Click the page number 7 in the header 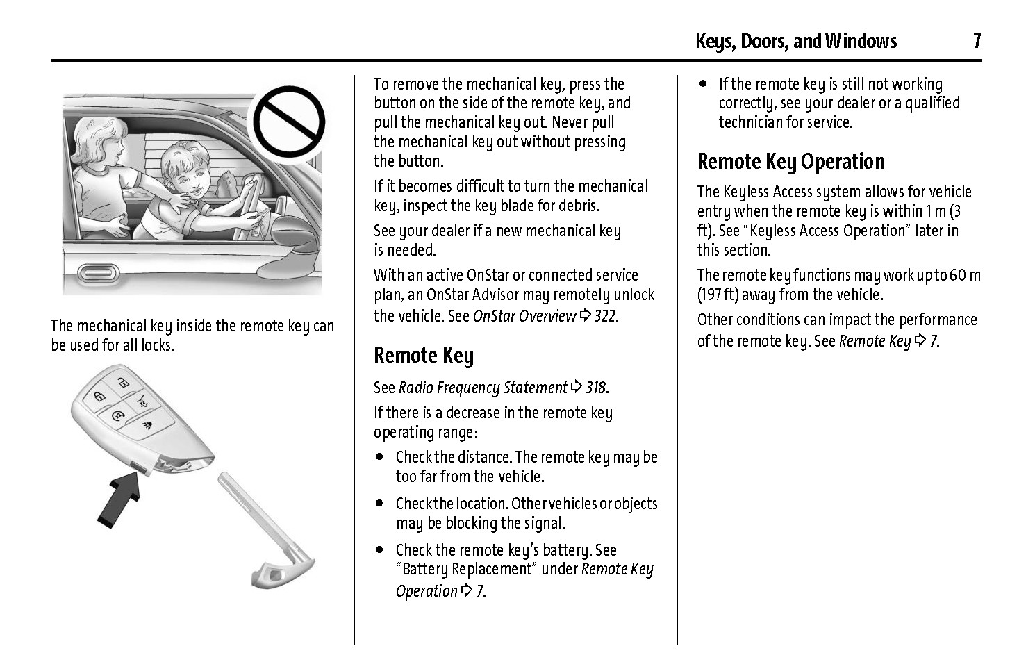976,42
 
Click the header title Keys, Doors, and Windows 795,42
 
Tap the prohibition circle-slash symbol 288,122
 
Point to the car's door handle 98,272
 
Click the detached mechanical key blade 267,529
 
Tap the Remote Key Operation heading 790,162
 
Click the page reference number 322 605,316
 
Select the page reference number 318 597,388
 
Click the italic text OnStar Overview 524,316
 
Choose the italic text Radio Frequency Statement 483,388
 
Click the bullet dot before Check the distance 379,457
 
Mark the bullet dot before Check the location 379,504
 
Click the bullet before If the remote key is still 703,84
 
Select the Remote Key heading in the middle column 423,356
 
